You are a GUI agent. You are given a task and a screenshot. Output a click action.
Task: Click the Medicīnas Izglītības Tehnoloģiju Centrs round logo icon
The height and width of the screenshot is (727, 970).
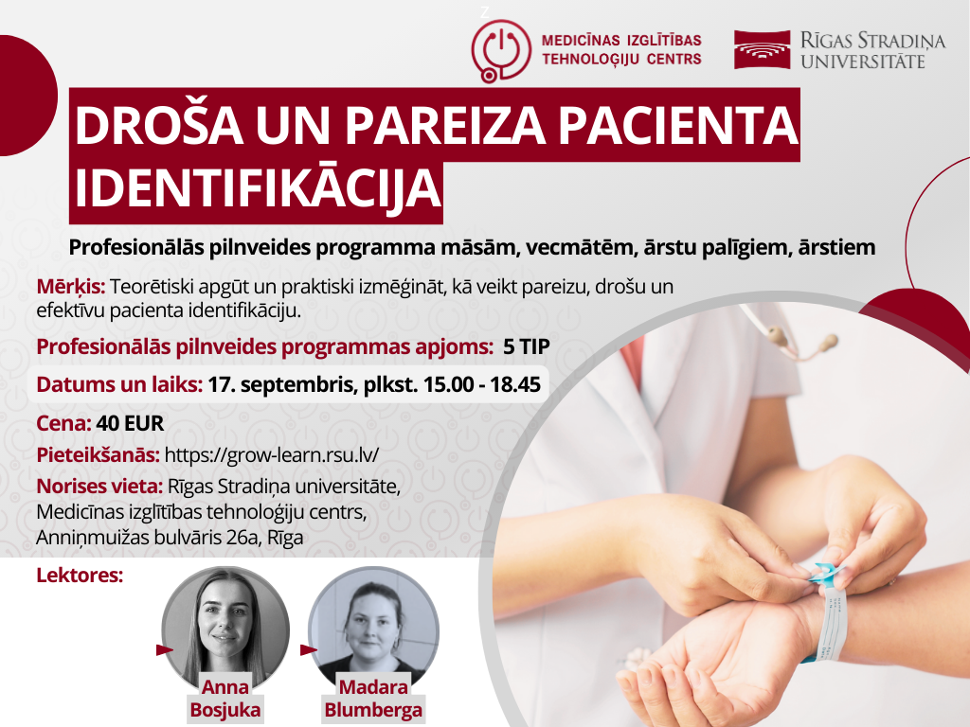[501, 49]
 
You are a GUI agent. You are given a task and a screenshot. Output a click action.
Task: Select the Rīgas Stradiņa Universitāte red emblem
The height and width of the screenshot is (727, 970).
[763, 49]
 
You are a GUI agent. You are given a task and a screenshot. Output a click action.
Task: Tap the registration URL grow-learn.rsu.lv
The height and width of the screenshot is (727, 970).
[272, 454]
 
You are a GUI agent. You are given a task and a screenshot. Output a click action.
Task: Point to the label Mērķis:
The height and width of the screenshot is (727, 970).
[71, 286]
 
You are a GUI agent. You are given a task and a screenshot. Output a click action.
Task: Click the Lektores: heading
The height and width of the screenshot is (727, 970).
[80, 575]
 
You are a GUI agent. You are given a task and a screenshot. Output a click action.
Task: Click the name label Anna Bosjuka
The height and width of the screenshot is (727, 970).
[225, 699]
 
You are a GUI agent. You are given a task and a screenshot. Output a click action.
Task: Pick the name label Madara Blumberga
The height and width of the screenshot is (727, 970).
[373, 699]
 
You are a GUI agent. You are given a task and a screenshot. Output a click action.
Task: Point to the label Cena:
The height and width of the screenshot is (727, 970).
[63, 423]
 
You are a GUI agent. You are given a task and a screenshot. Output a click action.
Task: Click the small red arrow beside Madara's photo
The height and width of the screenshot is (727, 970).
[307, 649]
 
